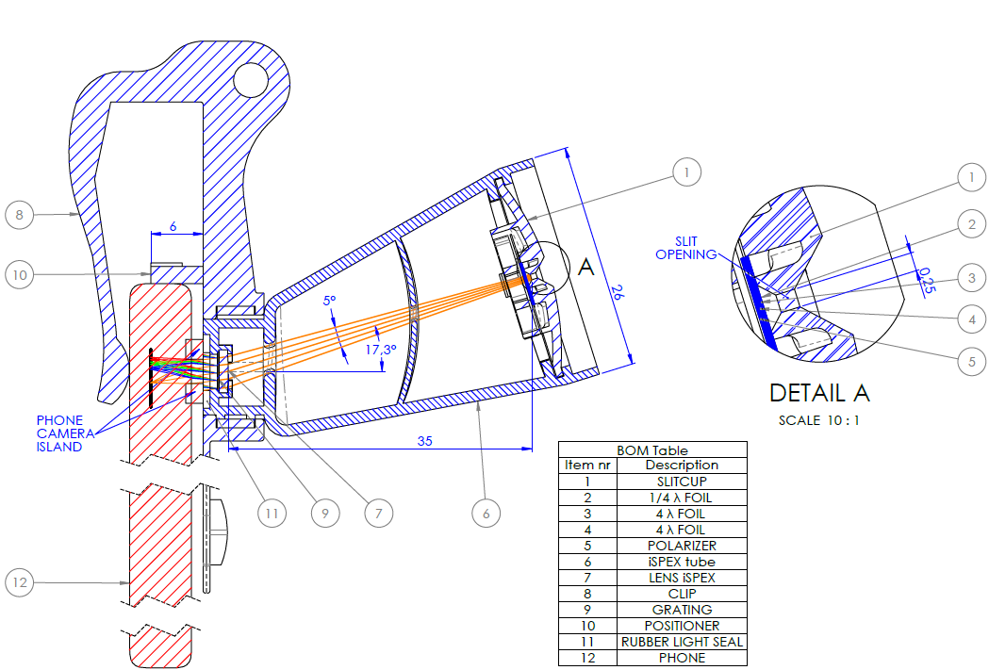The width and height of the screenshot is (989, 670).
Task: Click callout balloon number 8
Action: point(20,215)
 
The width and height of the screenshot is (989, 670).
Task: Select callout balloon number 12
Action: point(20,582)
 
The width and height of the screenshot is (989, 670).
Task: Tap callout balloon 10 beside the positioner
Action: point(20,275)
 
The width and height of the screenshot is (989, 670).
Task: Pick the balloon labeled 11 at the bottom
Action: point(272,514)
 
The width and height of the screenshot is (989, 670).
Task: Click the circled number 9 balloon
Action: point(325,514)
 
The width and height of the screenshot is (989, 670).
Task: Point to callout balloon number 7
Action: point(378,514)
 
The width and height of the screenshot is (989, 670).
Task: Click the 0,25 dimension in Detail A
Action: point(927,280)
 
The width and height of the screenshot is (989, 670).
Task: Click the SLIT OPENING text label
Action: point(685,248)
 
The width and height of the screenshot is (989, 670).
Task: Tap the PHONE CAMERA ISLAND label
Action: point(60,433)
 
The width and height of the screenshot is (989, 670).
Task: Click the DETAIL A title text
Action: point(819,393)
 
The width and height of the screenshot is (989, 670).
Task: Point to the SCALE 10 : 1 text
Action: point(818,420)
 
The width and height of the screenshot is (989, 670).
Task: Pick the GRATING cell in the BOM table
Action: point(682,610)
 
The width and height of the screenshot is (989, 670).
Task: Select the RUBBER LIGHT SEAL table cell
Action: point(682,642)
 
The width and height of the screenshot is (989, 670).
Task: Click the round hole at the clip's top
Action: point(252,78)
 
